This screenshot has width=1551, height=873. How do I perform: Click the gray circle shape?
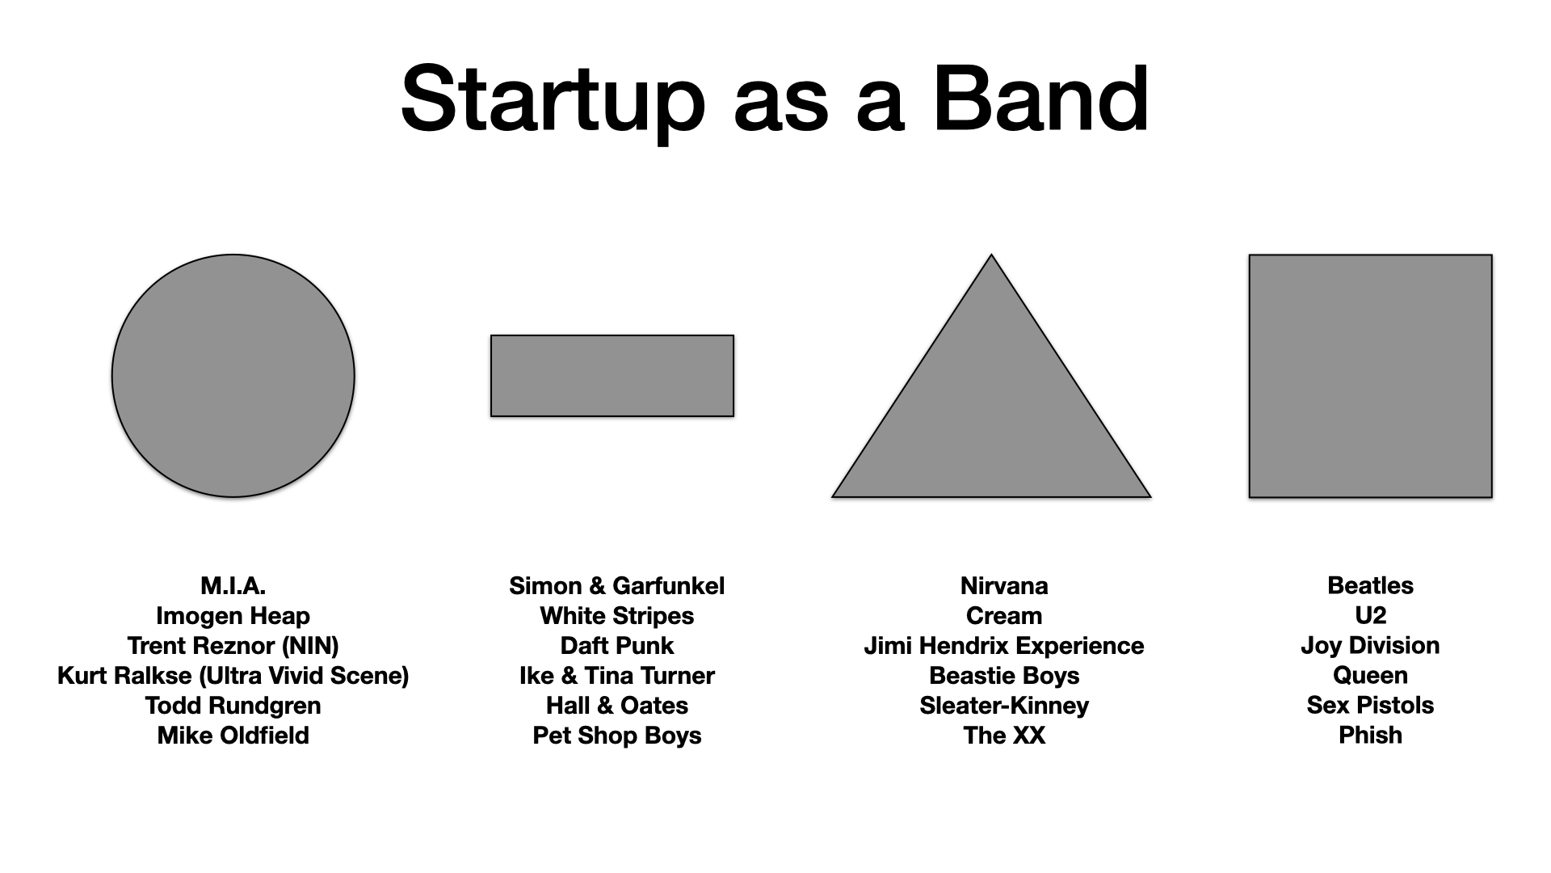(233, 376)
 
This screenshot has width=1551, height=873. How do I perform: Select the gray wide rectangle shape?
(612, 376)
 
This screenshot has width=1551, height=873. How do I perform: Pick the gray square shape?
(1370, 376)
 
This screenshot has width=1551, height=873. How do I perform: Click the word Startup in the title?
(553, 101)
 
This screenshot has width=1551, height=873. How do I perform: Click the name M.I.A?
(233, 586)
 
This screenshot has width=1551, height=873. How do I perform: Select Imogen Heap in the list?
(233, 616)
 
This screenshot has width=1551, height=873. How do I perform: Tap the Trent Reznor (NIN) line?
(233, 646)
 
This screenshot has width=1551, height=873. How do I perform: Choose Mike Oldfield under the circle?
(233, 736)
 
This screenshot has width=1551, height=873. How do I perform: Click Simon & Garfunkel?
(616, 586)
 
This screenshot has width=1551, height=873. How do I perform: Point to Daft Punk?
(616, 646)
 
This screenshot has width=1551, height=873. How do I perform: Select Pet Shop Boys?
(616, 736)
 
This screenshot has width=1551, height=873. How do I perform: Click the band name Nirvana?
(1004, 586)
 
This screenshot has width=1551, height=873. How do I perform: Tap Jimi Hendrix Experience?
(1004, 646)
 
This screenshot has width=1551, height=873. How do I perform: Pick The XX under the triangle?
(1004, 736)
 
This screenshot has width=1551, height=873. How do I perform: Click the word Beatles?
(1370, 586)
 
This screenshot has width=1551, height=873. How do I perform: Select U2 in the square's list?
(1370, 616)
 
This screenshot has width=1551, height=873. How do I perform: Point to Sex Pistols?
(1370, 705)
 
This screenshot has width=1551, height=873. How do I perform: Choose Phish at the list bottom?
(1370, 735)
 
